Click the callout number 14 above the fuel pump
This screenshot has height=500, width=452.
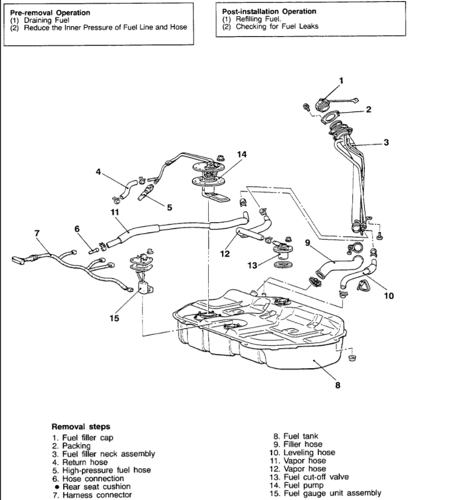[x=241, y=154]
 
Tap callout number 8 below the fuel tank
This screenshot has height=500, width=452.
[x=338, y=386]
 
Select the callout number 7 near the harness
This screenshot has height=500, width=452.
[x=37, y=233]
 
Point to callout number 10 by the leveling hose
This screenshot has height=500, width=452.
[x=388, y=296]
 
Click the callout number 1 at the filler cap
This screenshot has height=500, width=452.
[x=341, y=80]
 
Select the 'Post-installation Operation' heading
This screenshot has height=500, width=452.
[x=269, y=11]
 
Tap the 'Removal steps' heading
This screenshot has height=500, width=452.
[x=80, y=426]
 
